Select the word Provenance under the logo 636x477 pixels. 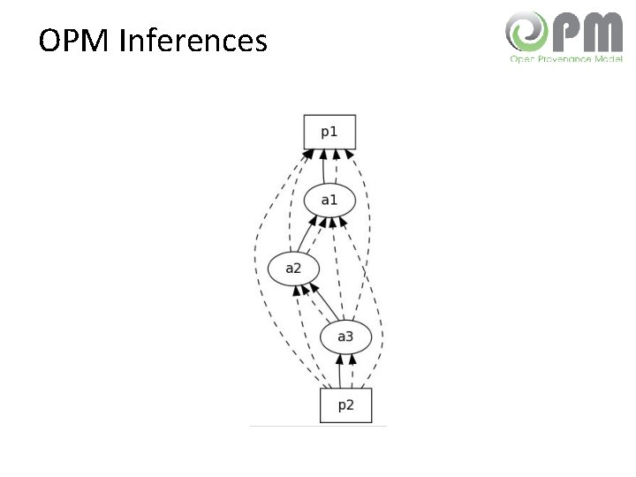[563, 58]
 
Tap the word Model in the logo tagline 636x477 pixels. [608, 58]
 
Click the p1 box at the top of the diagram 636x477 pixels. [329, 132]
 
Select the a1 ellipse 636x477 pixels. [329, 200]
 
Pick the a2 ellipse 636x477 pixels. [293, 267]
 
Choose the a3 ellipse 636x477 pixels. [344, 336]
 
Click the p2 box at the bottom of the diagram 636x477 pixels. [345, 405]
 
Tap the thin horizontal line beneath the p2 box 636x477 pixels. [318, 427]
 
